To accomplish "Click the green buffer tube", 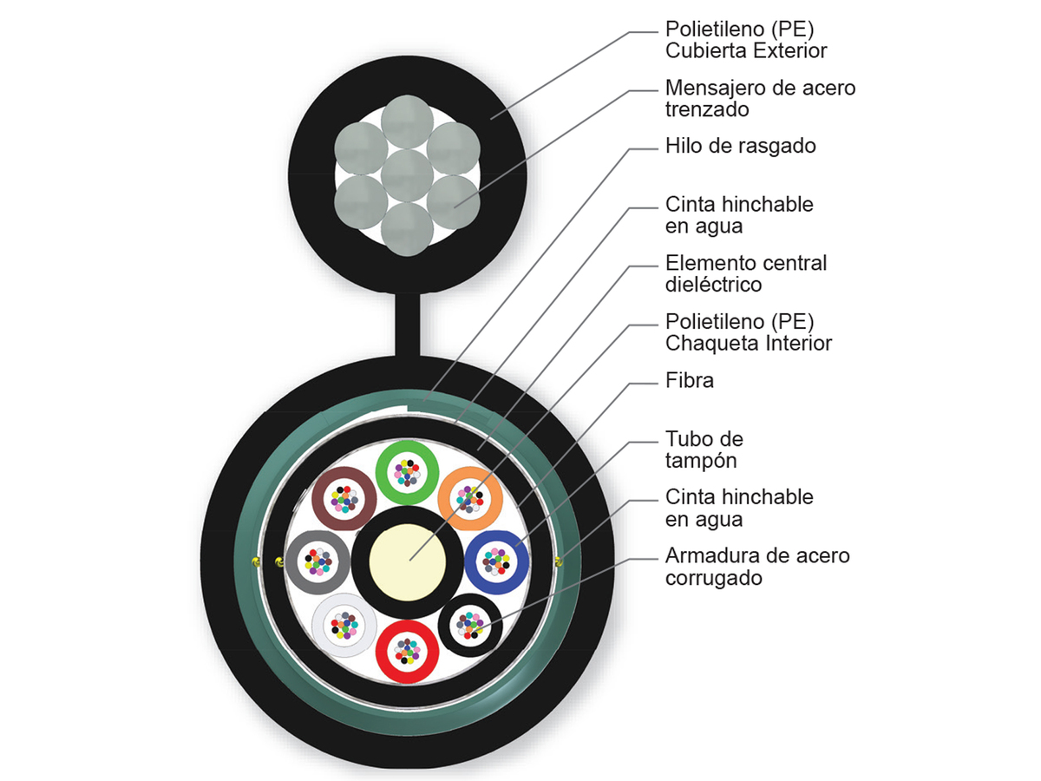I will click(407, 472).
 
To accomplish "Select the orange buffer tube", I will click(470, 499).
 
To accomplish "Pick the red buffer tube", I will click(407, 650).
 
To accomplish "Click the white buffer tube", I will click(344, 623).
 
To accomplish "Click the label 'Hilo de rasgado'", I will click(740, 146).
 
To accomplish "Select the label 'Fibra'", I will click(690, 380).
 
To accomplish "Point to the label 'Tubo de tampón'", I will click(704, 449).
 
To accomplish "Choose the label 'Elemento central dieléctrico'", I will click(746, 272).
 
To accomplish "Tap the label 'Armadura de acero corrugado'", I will click(757, 566).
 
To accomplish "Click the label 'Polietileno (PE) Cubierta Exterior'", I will click(746, 40).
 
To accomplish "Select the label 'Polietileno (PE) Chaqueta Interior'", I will click(749, 331).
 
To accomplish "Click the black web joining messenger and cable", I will click(407, 325).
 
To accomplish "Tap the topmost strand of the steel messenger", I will click(407, 121).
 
